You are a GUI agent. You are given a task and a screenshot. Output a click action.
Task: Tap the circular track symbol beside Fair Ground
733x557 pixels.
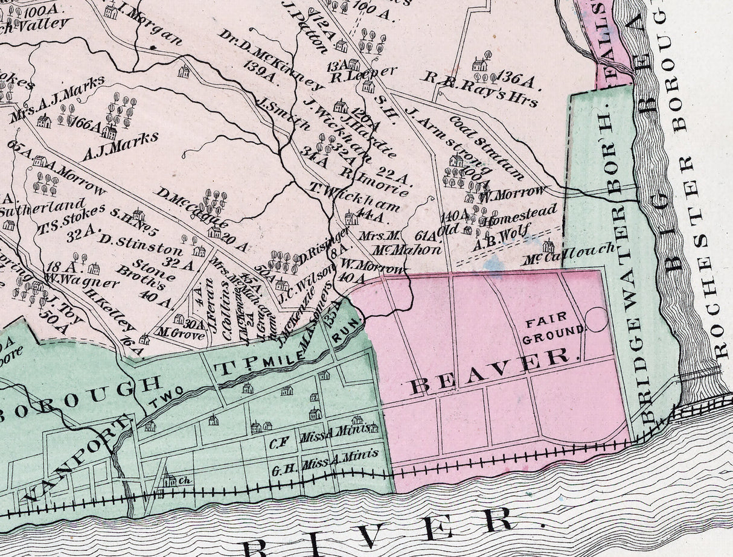point(596,319)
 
